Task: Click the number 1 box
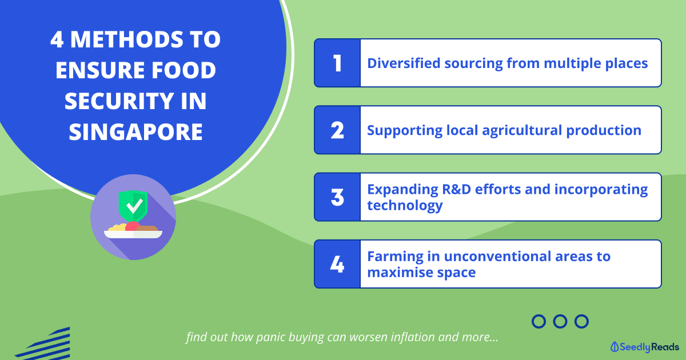tap(337, 63)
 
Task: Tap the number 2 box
tap(337, 130)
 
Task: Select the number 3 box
tap(337, 197)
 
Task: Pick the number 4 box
tap(337, 264)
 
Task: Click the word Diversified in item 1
tap(404, 63)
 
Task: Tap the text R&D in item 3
tap(456, 189)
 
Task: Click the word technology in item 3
tap(405, 205)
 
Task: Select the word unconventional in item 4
tap(497, 256)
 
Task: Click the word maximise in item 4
tap(400, 272)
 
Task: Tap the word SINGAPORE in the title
tap(135, 132)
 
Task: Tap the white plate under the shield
tap(133, 234)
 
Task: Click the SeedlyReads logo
tap(644, 347)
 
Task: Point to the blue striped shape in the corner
tap(43, 343)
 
